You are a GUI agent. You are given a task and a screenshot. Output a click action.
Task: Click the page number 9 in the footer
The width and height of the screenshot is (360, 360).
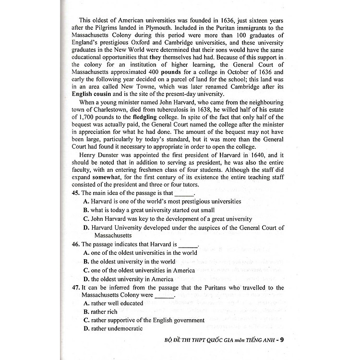[x=282, y=341]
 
